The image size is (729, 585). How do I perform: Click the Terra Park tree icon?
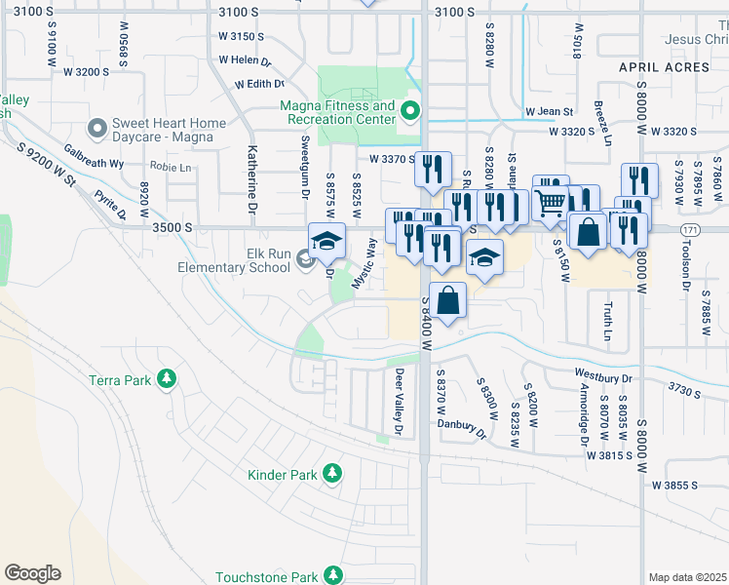click(x=167, y=378)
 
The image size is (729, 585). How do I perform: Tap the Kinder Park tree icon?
click(x=333, y=474)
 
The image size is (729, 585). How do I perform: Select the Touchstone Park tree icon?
click(x=333, y=575)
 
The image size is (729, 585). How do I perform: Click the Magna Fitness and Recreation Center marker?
click(x=410, y=111)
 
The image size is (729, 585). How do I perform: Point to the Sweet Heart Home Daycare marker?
click(x=96, y=129)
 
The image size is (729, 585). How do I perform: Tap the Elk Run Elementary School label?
click(x=234, y=259)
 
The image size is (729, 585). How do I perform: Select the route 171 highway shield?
click(x=663, y=228)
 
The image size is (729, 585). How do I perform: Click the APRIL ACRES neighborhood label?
click(x=666, y=67)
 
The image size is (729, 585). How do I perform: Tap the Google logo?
click(x=32, y=573)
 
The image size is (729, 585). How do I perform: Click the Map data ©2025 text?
click(x=688, y=577)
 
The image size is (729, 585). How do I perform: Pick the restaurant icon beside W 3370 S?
click(x=432, y=170)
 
